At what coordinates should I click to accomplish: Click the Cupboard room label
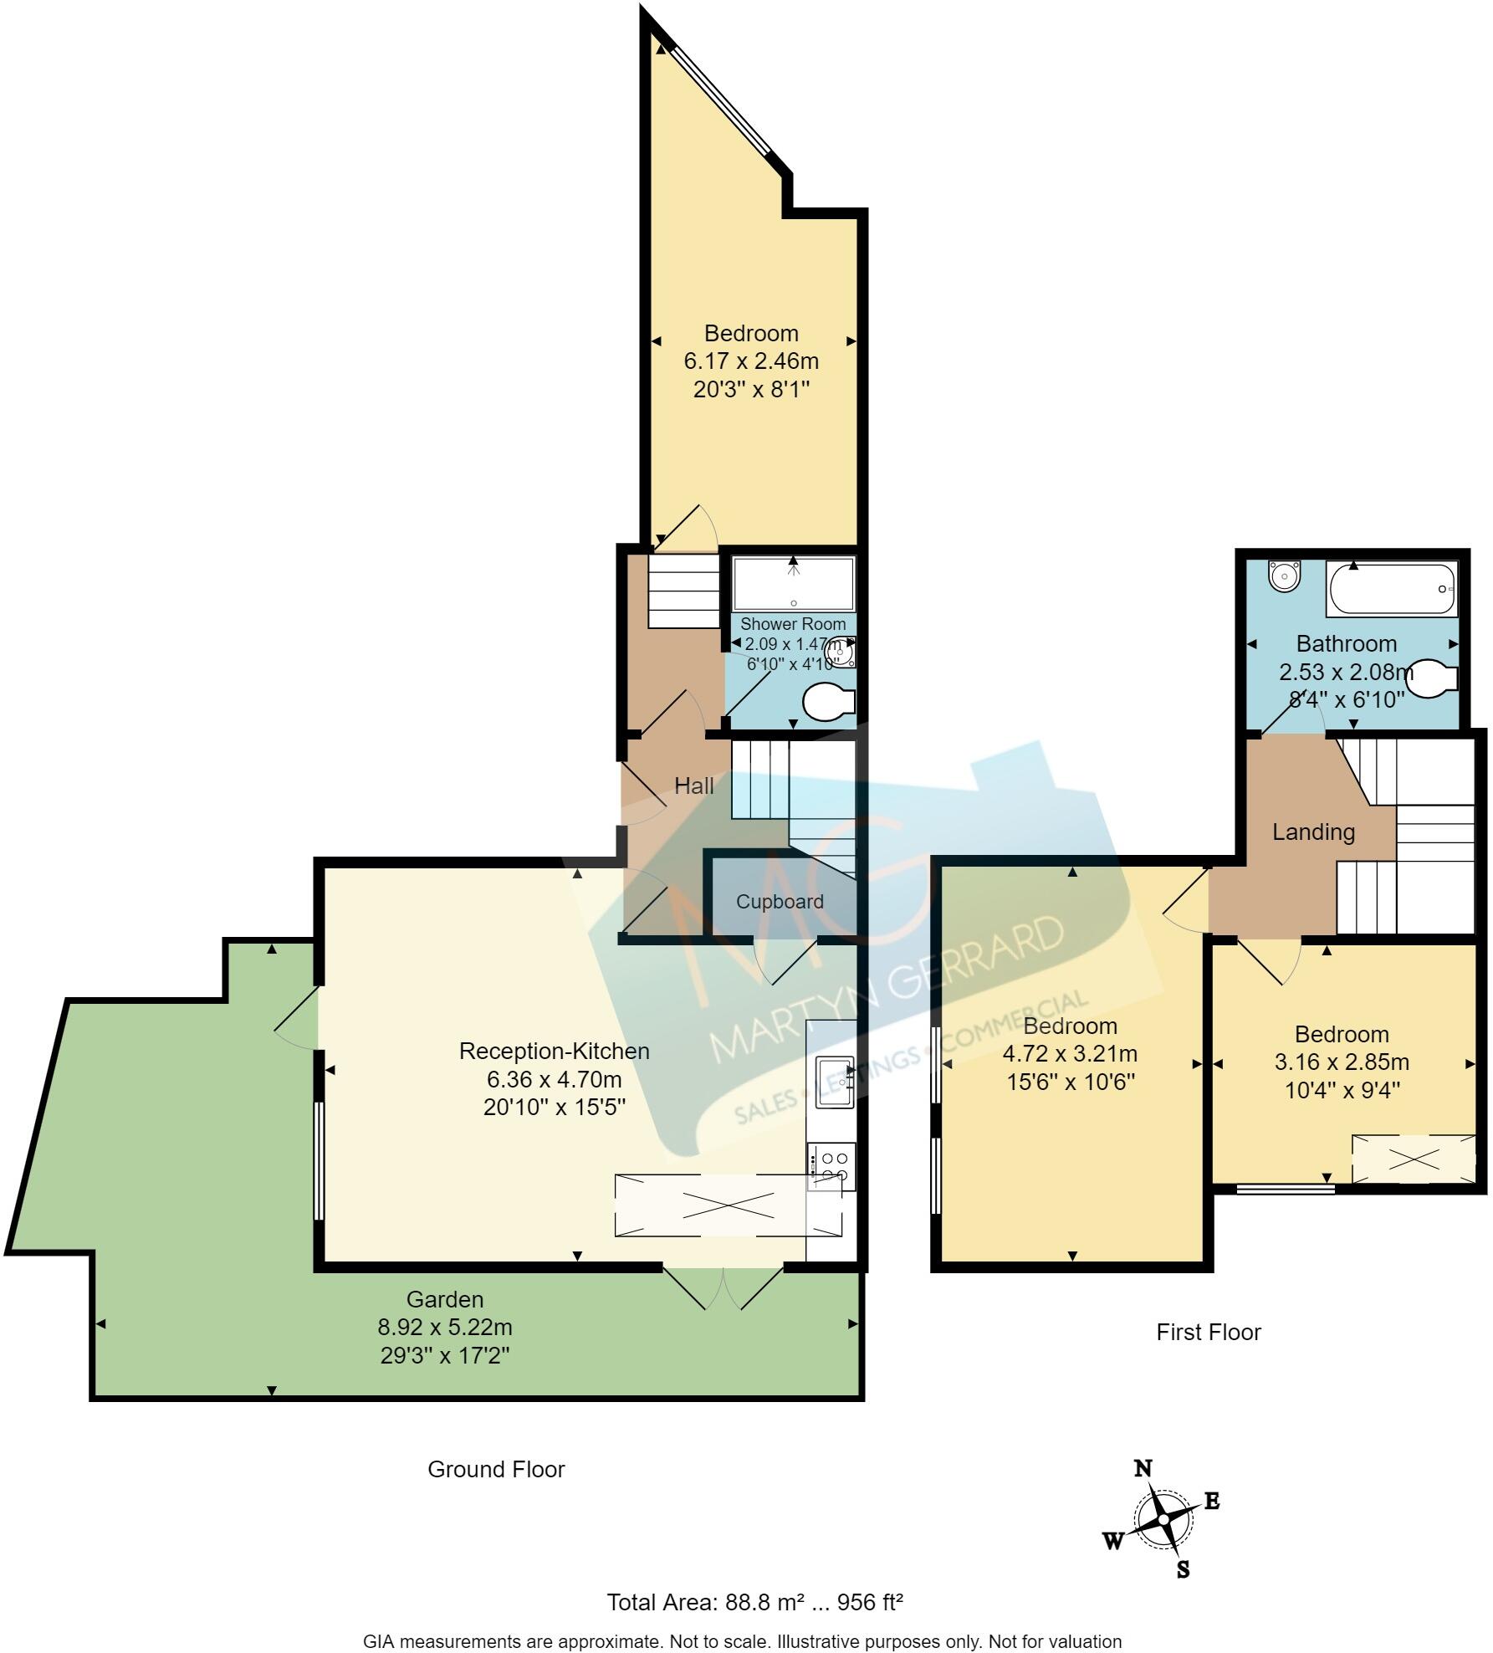(780, 902)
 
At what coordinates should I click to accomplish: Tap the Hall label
(693, 786)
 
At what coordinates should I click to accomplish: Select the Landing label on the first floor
(1313, 832)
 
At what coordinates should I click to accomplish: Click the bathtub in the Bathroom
(1392, 590)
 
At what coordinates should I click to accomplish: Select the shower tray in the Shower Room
(793, 583)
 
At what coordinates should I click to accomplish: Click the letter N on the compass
(1143, 1468)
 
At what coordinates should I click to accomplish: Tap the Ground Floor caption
(496, 1469)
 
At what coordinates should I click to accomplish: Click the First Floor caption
(1208, 1332)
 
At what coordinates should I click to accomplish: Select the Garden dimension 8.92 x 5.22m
(445, 1327)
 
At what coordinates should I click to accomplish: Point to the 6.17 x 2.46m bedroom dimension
(750, 361)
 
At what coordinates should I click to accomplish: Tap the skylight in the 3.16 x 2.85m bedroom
(1414, 1159)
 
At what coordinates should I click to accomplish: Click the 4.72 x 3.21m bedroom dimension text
(1070, 1054)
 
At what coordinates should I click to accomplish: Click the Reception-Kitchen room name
(554, 1051)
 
